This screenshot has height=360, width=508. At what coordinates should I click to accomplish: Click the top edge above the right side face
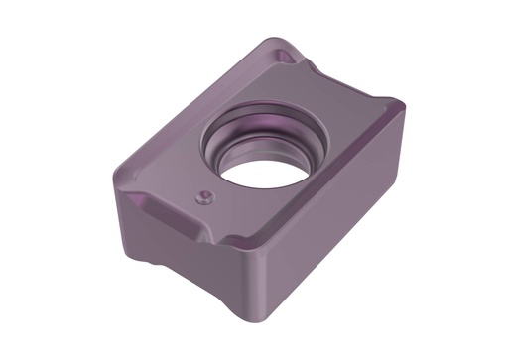pyautogui.click(x=327, y=198)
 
